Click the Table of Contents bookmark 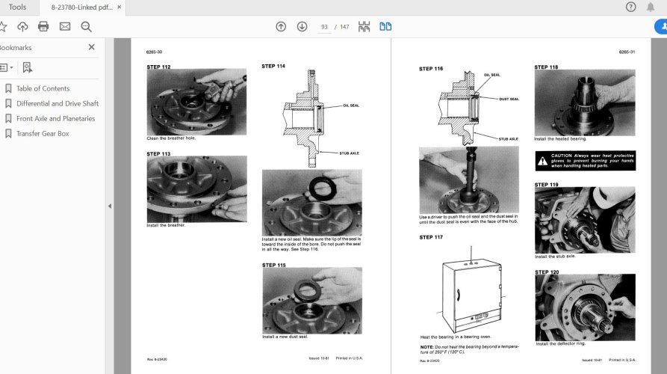pos(43,88)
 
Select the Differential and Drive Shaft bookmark pos(57,103)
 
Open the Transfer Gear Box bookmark pos(42,133)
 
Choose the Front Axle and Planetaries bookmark pos(55,118)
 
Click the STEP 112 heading pos(158,67)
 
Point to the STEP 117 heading pos(431,237)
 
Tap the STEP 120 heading pos(546,272)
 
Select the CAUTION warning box pos(584,161)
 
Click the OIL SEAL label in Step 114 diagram pos(350,105)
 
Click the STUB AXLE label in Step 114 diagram pos(349,153)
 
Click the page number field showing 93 pos(325,27)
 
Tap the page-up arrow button pos(281,27)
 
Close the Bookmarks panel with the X pos(92,47)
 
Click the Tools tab pos(17,7)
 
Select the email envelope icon pos(65,27)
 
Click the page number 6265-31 pos(626,52)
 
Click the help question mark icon pos(630,7)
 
